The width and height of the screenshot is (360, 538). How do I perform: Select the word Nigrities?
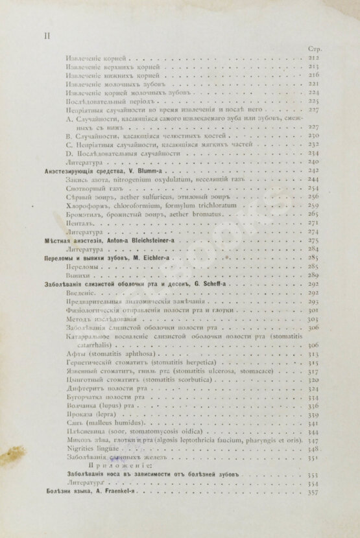(82, 448)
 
